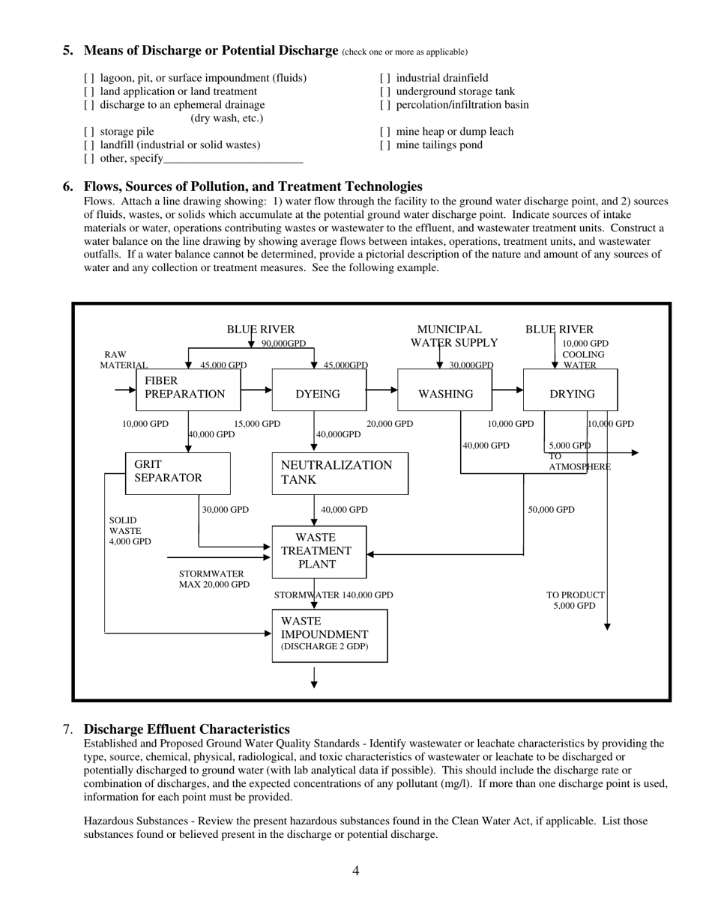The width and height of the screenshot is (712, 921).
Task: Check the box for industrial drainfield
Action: click(384, 78)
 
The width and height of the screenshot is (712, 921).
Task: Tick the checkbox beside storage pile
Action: click(89, 132)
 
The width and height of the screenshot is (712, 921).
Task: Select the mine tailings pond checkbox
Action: click(384, 145)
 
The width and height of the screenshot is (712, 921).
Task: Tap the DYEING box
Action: click(319, 390)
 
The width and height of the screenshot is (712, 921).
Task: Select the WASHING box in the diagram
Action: click(444, 390)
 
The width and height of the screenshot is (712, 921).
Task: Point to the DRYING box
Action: click(571, 390)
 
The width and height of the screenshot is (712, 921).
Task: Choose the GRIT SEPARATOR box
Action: click(178, 473)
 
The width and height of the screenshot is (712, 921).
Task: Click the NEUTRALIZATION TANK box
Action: click(340, 473)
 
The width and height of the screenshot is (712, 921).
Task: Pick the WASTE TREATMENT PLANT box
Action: click(319, 552)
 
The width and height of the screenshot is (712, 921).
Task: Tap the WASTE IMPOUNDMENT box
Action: click(329, 636)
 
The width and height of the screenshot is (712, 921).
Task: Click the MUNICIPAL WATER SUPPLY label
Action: click(453, 336)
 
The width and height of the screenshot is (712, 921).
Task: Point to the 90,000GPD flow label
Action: click(283, 344)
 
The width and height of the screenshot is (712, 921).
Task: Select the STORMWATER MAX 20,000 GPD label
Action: click(214, 579)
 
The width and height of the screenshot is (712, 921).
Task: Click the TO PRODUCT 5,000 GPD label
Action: click(575, 601)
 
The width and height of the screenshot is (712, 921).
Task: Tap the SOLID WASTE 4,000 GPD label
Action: click(129, 531)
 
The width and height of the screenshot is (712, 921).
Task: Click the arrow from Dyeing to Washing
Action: click(381, 389)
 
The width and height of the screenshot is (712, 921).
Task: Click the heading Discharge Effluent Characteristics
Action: click(186, 729)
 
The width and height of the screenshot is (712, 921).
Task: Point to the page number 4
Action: click(355, 871)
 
